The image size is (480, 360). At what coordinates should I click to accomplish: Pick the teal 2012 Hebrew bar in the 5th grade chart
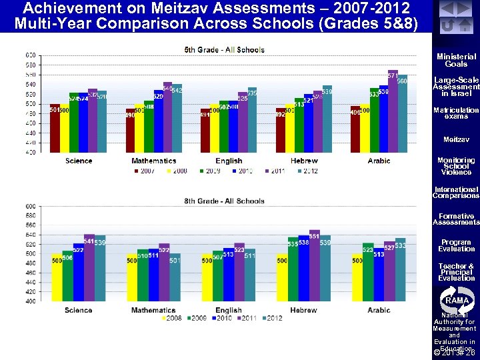(x=327, y=120)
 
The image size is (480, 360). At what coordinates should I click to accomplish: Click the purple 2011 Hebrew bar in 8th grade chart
(x=314, y=267)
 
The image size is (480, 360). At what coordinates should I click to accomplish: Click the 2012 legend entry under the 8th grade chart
(x=271, y=318)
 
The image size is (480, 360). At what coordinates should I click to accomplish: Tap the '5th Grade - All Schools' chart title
(x=224, y=50)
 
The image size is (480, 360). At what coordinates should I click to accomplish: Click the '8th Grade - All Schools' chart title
(x=224, y=201)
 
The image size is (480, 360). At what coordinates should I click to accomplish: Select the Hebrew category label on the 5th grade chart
(x=304, y=161)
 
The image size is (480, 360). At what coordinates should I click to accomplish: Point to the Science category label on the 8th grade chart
(x=79, y=310)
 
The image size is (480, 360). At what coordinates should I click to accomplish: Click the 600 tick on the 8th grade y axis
(x=31, y=207)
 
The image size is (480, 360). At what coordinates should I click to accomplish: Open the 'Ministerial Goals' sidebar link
(x=456, y=60)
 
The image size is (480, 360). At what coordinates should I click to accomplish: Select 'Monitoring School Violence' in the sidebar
(x=456, y=166)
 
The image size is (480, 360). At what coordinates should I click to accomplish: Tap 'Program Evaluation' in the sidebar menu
(x=456, y=245)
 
